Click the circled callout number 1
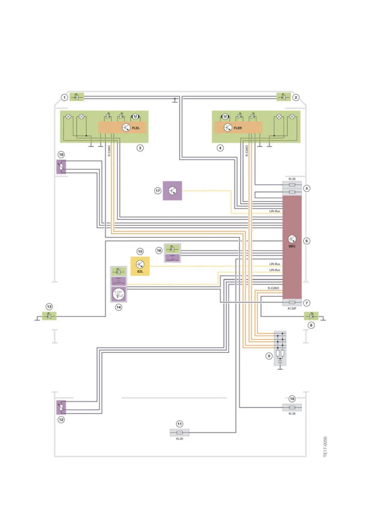65,97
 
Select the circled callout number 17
158,191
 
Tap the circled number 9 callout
269,356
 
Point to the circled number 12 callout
61,420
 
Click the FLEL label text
136,128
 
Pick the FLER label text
238,128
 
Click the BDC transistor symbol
292,239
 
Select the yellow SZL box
140,266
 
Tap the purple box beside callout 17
172,191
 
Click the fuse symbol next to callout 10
292,407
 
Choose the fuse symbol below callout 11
179,433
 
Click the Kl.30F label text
292,308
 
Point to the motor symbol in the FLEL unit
135,116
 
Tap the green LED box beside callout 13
49,316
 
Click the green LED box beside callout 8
311,316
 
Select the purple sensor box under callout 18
61,167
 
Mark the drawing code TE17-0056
325,447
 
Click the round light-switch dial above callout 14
118,294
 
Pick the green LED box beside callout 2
284,97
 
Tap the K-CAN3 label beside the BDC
273,288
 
